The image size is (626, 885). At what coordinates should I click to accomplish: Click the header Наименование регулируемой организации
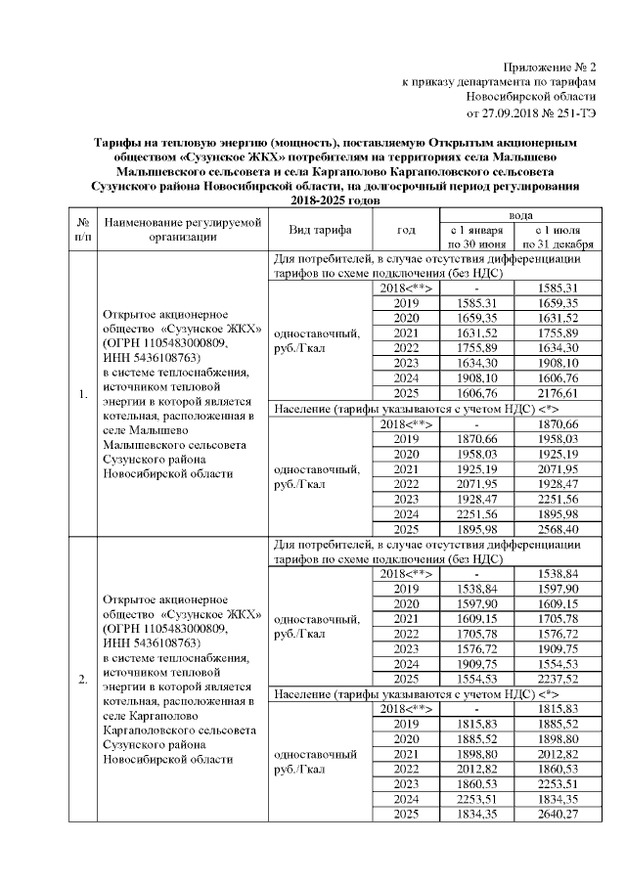point(184,230)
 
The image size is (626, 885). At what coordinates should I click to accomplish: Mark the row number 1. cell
point(83,395)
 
